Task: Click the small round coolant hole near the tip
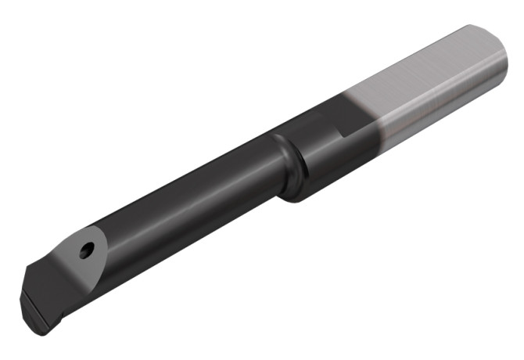87,250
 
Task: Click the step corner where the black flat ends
343,133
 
